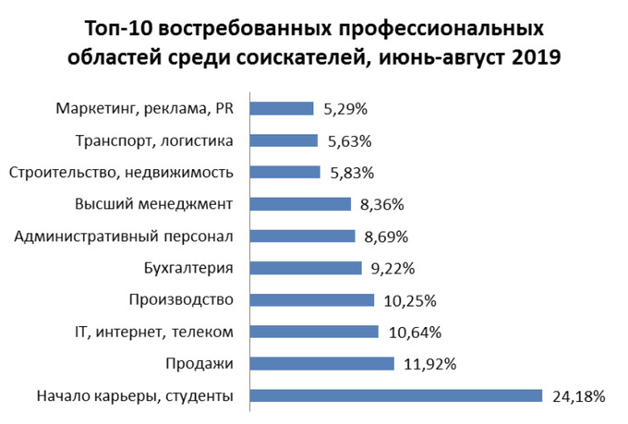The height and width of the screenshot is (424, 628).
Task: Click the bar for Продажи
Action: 322,364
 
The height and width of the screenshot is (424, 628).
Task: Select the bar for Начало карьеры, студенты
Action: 396,396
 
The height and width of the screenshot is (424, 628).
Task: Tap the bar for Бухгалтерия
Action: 306,268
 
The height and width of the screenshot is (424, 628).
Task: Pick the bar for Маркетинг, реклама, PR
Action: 283,108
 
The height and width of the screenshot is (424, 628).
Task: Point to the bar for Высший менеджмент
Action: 301,204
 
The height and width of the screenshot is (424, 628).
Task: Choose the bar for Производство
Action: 312,300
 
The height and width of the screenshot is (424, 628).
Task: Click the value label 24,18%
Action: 579,397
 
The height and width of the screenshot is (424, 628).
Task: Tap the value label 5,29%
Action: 345,109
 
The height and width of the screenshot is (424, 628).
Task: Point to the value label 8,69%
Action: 386,236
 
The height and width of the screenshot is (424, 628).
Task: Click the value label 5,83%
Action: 351,173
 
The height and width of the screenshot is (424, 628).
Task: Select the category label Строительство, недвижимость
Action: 121,173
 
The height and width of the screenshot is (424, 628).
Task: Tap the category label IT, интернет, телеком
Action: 153,332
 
